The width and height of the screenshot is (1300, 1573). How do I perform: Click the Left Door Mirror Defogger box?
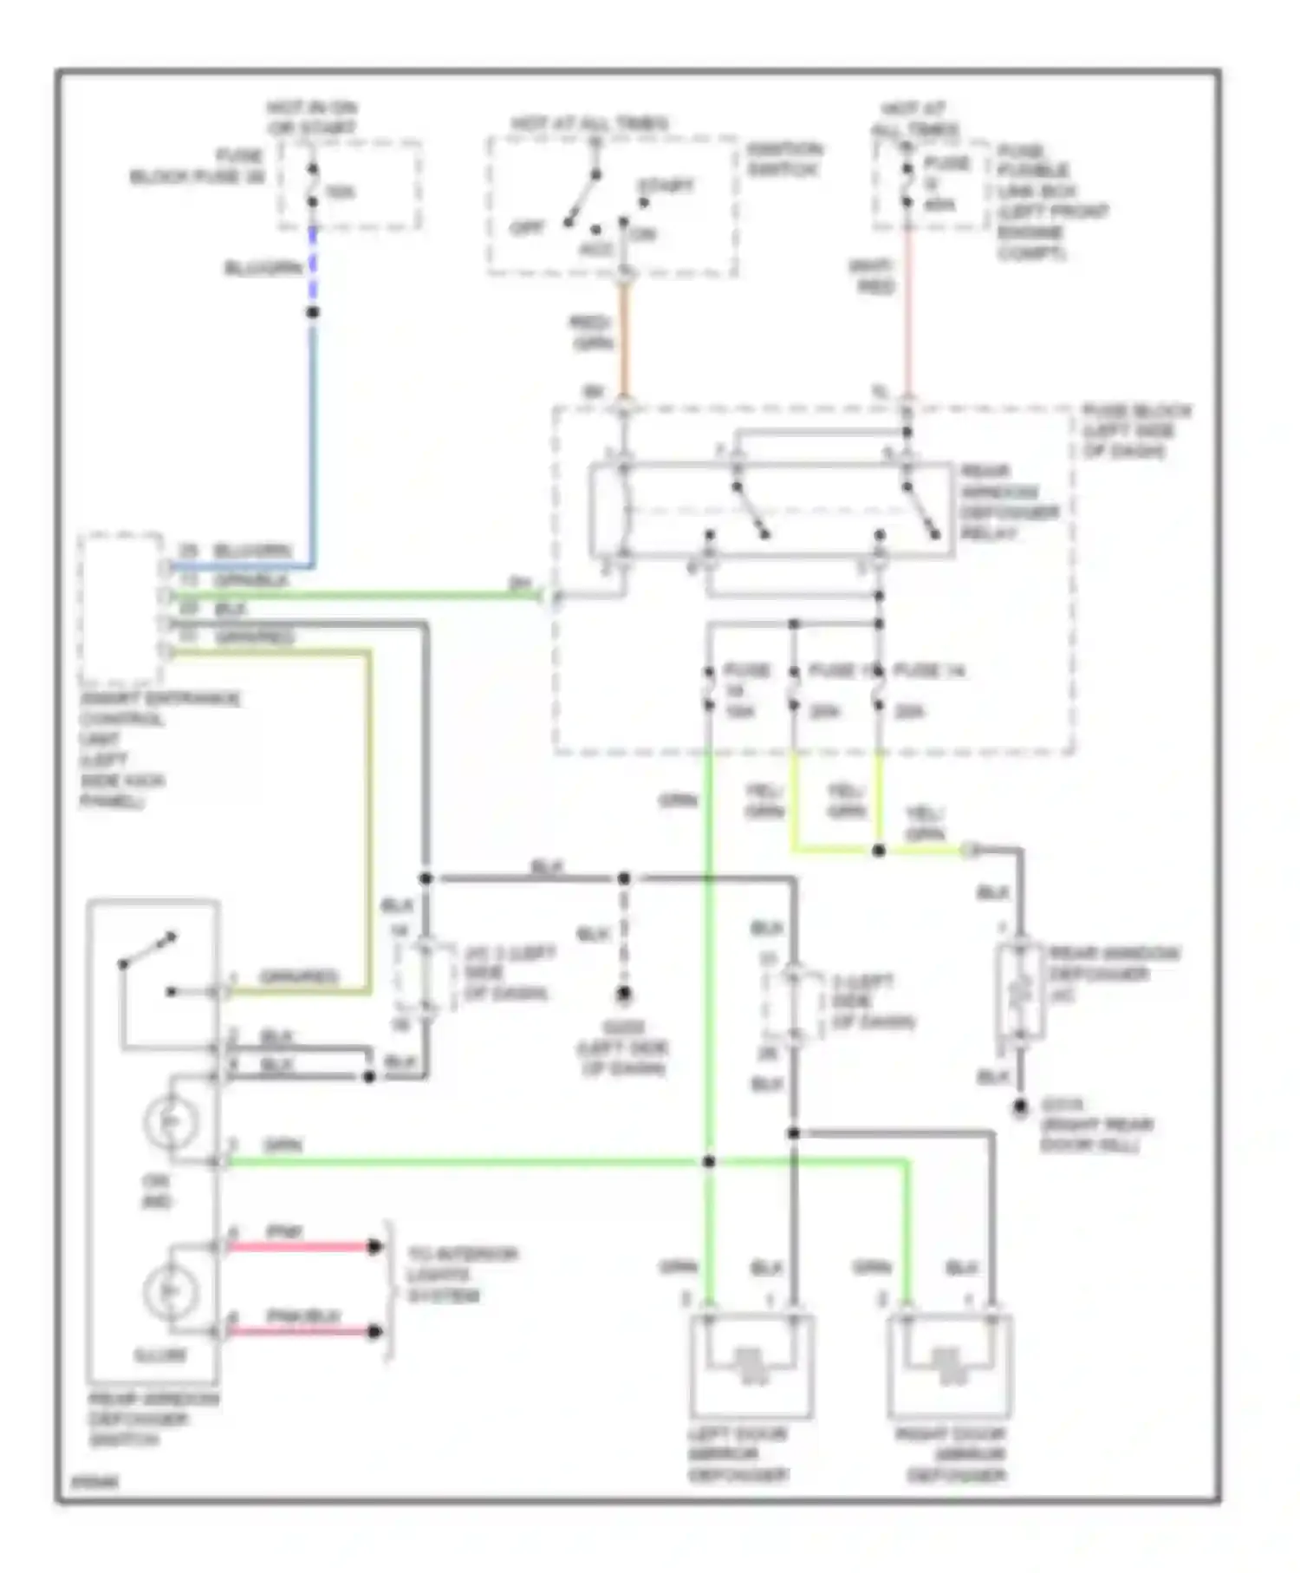[751, 1367]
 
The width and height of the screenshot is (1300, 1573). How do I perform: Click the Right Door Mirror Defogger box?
[949, 1367]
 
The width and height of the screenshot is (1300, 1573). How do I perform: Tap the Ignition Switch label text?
[783, 160]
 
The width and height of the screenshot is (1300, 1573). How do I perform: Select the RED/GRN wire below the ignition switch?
[623, 338]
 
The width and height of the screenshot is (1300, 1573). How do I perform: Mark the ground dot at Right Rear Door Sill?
[1020, 1106]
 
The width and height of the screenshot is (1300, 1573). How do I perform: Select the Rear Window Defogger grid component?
[1020, 989]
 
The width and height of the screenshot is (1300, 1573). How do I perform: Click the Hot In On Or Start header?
[311, 118]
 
